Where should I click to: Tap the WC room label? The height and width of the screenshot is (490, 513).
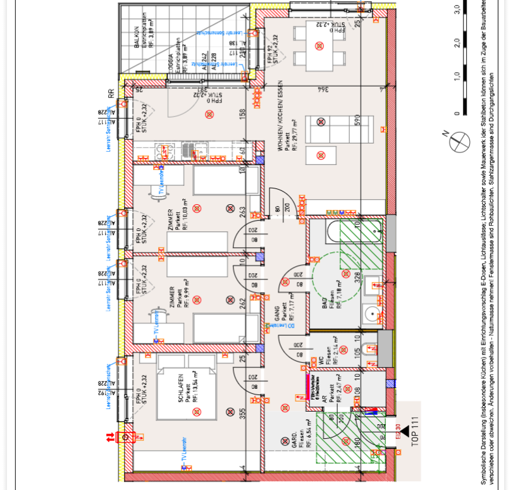click(321, 360)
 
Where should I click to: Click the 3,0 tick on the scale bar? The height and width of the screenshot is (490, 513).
click(457, 9)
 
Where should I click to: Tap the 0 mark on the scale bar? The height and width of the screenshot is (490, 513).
click(457, 113)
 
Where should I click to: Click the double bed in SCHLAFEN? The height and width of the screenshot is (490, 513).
click(187, 390)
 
